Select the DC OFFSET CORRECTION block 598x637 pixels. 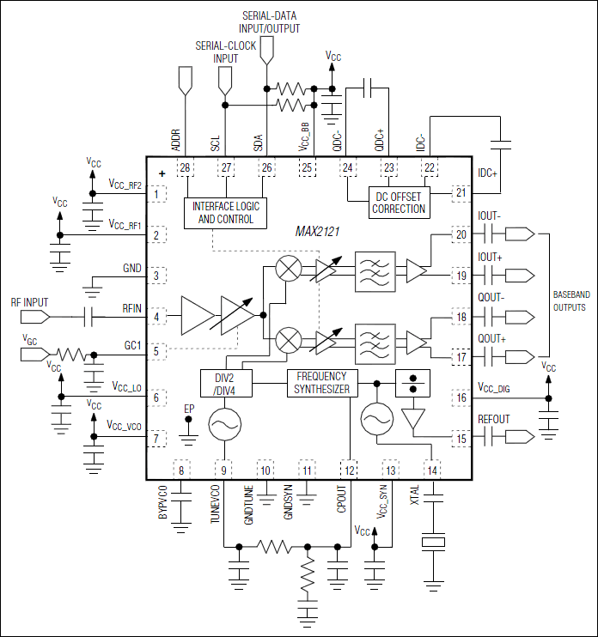pos(398,202)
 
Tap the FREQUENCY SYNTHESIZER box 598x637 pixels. pos(321,382)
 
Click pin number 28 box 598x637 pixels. pos(184,167)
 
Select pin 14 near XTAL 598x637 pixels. pos(430,470)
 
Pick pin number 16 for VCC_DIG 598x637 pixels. pos(461,398)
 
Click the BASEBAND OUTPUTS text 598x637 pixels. pos(570,300)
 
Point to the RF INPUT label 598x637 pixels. pos(30,303)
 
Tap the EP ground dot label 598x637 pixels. pos(190,407)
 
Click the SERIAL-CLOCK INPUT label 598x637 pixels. pos(226,52)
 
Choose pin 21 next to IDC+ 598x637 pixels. pos(461,193)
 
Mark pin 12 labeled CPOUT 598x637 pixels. pos(348,470)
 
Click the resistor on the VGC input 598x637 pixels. pos(70,353)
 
